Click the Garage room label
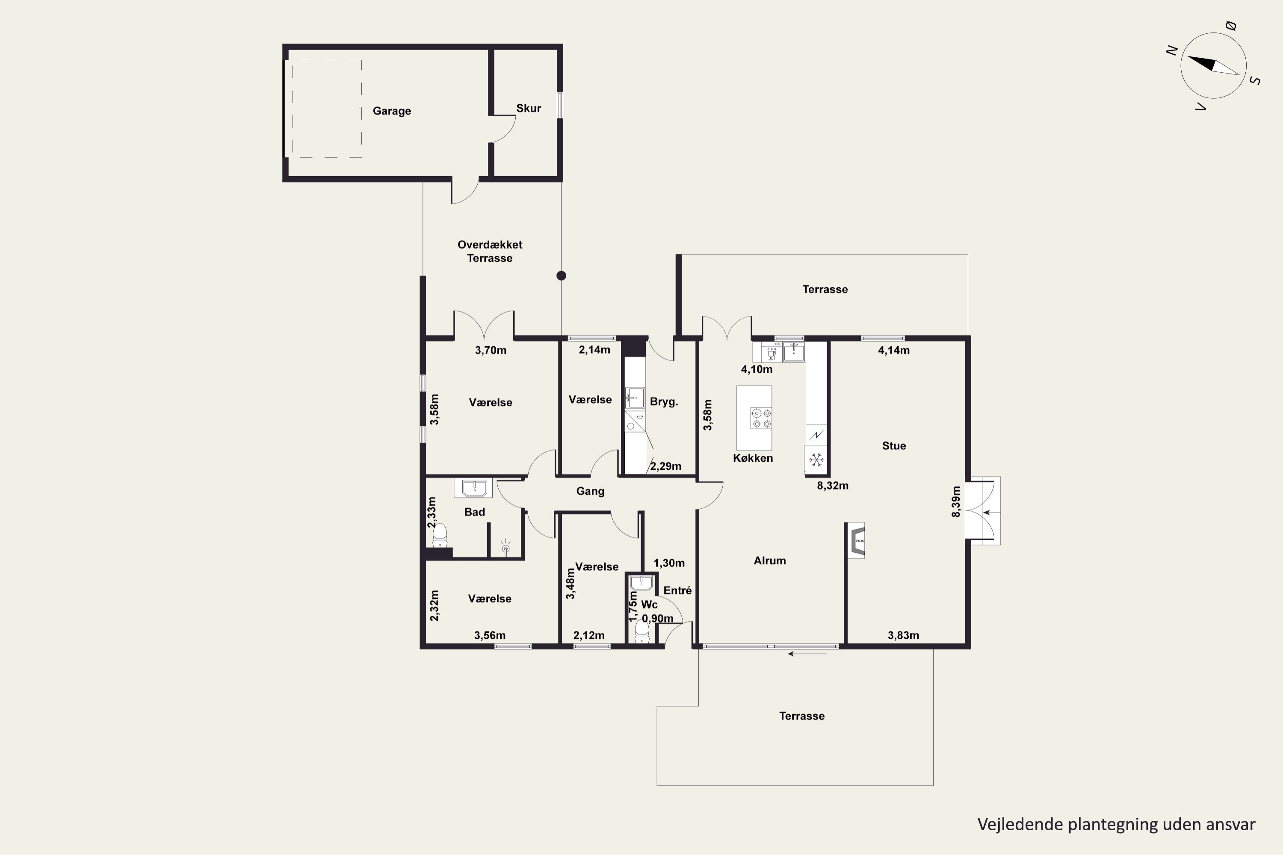click(x=392, y=111)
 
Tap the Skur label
click(x=529, y=109)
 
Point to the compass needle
click(x=1213, y=65)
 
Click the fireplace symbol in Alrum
click(x=856, y=540)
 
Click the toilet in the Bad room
click(x=440, y=536)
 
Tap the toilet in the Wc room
click(x=642, y=633)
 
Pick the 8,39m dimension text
click(x=956, y=501)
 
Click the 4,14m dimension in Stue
click(x=893, y=351)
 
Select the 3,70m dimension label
click(x=491, y=351)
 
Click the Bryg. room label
click(x=664, y=402)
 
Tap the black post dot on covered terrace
click(x=561, y=276)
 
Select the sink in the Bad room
click(x=473, y=488)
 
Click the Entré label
click(x=677, y=590)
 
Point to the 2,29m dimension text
click(x=665, y=467)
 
